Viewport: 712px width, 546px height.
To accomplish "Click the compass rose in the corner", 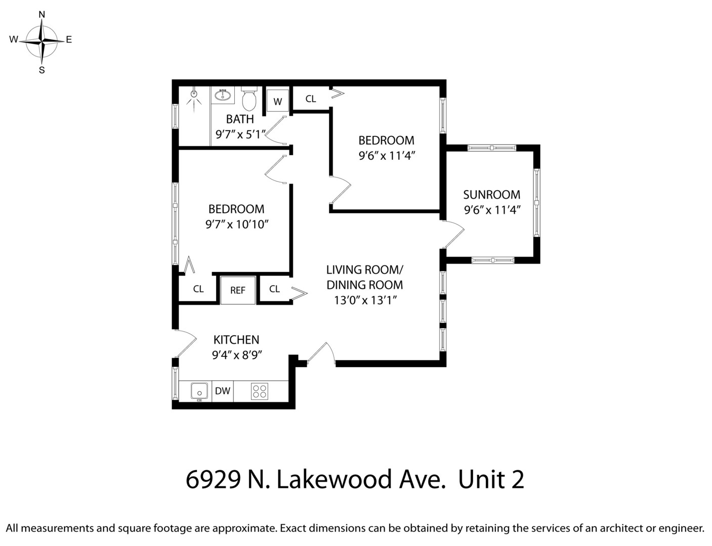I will pos(42,40).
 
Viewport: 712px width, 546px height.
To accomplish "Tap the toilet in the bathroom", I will pos(249,100).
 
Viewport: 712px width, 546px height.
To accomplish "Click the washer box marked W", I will pos(277,101).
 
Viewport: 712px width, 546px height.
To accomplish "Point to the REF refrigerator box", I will pos(237,290).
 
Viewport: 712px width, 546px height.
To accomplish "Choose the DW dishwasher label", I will pos(223,391).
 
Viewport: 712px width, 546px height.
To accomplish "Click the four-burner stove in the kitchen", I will pos(260,391).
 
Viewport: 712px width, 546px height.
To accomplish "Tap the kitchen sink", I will pos(199,391).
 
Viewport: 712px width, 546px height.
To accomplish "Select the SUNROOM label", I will pos(491,195).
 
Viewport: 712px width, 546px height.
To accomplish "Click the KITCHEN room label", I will pos(236,340).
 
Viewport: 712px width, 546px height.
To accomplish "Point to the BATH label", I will pos(240,119).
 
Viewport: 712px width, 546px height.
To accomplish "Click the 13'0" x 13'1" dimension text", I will pos(364,300).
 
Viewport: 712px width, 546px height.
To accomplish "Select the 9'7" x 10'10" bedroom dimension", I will pos(236,224).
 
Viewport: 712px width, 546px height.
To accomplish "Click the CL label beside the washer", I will pos(311,99).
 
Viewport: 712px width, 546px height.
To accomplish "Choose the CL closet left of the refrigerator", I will pos(198,289).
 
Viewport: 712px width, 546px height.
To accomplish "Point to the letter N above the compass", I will pos(42,15).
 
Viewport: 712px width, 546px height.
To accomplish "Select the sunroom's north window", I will pos(491,148).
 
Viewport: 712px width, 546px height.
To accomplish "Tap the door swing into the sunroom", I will pos(454,236).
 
